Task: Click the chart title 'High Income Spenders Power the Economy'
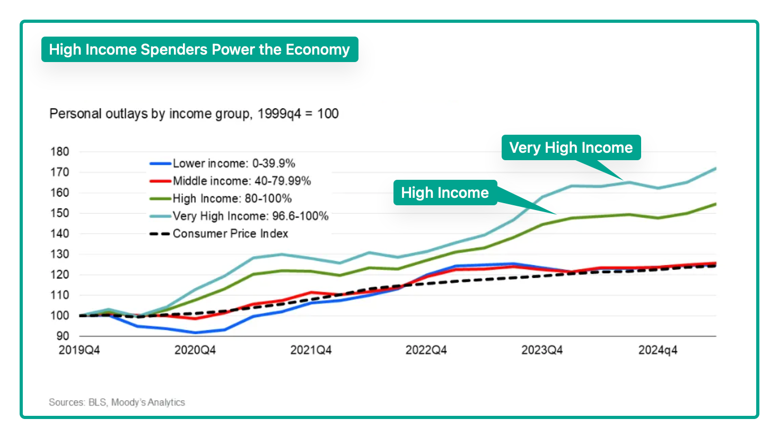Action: pos(199,49)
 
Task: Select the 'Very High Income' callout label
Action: pos(571,147)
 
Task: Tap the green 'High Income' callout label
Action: pos(444,193)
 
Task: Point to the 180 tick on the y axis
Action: pos(60,152)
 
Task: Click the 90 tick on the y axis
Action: pos(63,336)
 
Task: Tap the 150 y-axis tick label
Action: pos(60,213)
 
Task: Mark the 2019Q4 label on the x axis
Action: pos(79,350)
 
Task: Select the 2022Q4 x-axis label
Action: pos(426,350)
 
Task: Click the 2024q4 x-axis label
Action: pos(658,350)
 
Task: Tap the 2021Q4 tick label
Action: pos(311,350)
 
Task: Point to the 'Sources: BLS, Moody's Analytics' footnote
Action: pos(117,402)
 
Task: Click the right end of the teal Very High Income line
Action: pos(715,169)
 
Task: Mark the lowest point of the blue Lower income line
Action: pos(195,333)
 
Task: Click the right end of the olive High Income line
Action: pos(715,204)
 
